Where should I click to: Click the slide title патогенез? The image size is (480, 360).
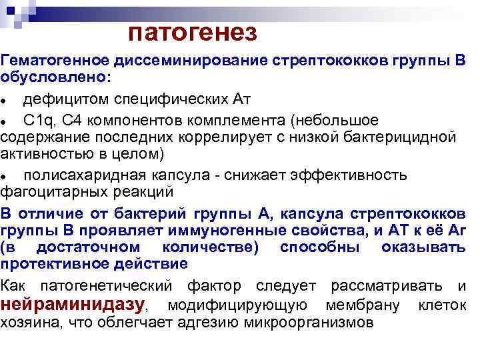[192, 31]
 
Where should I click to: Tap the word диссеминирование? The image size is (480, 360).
[191, 61]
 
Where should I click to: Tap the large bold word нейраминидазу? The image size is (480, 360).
[81, 305]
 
